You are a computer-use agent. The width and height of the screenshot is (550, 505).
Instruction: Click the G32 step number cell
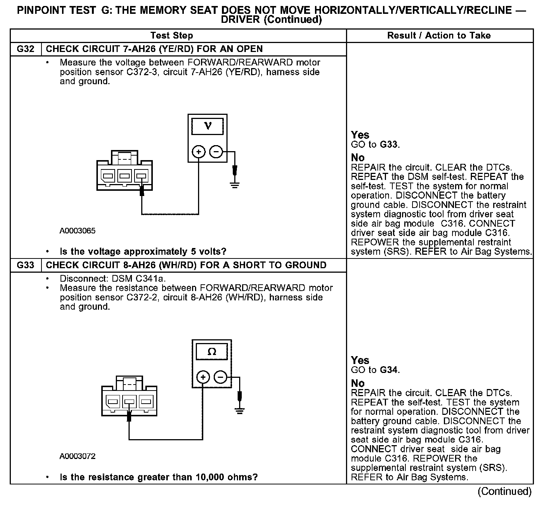pyautogui.click(x=25, y=49)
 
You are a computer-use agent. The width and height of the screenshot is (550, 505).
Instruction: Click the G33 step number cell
pyautogui.click(x=25, y=265)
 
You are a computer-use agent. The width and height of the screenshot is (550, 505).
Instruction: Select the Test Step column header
pyautogui.click(x=172, y=36)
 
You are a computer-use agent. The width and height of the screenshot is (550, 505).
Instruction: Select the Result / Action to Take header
pyautogui.click(x=439, y=36)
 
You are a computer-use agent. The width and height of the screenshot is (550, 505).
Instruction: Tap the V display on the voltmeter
pyautogui.click(x=208, y=126)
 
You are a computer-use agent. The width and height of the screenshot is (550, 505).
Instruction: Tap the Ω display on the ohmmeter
pyautogui.click(x=212, y=352)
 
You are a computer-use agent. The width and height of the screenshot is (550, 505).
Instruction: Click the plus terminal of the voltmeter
pyautogui.click(x=199, y=152)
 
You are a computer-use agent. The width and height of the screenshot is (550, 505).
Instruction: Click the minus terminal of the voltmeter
pyautogui.click(x=216, y=152)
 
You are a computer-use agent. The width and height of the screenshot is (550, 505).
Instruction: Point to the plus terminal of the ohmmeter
pyautogui.click(x=203, y=377)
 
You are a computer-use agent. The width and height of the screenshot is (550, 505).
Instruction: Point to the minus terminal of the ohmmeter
pyautogui.click(x=220, y=377)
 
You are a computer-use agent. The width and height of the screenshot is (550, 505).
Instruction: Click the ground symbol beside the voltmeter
pyautogui.click(x=235, y=184)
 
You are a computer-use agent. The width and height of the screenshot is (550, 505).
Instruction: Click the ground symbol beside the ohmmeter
pyautogui.click(x=239, y=410)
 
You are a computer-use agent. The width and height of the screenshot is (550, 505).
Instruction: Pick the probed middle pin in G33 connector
pyautogui.click(x=129, y=402)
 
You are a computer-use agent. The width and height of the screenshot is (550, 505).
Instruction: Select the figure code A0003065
pyautogui.click(x=77, y=231)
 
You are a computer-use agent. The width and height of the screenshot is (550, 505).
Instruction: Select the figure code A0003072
pyautogui.click(x=77, y=456)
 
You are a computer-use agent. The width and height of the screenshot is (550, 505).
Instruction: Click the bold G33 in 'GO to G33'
pyautogui.click(x=389, y=145)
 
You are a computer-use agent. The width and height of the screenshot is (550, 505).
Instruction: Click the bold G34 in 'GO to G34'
pyautogui.click(x=389, y=370)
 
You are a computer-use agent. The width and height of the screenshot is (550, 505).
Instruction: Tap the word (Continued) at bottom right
pyautogui.click(x=504, y=492)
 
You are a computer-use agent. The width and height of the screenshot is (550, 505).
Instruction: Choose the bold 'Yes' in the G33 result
pyautogui.click(x=360, y=361)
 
